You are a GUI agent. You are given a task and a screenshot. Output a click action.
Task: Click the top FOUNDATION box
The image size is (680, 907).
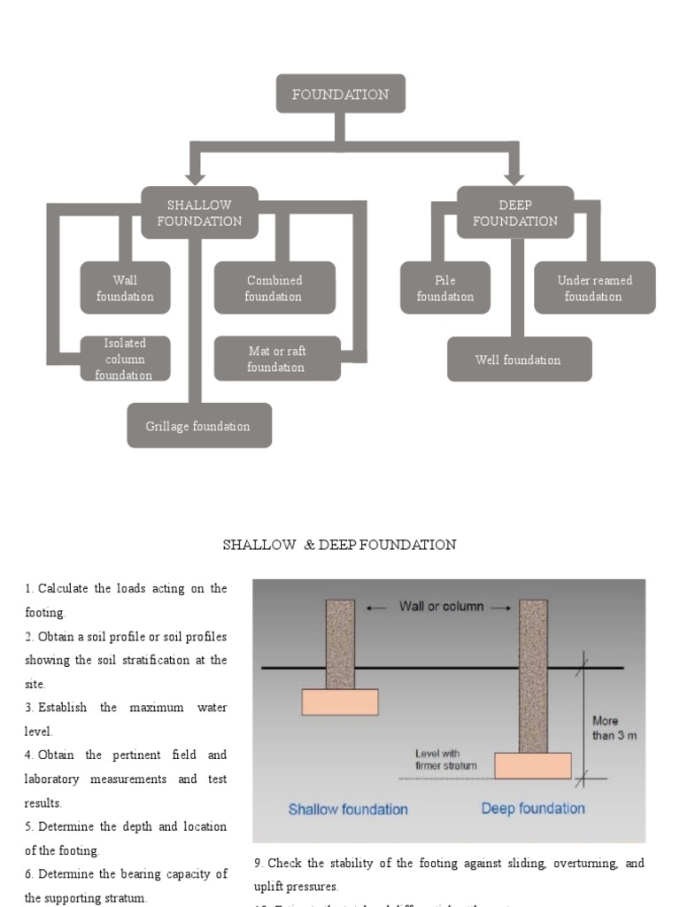340,94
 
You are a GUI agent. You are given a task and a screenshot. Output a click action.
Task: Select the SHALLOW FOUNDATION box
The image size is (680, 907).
199,213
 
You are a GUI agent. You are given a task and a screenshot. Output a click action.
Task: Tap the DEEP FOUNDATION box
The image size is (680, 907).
514,213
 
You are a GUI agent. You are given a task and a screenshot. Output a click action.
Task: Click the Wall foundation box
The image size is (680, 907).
125,288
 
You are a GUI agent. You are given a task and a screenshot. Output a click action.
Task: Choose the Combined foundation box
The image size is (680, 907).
274,288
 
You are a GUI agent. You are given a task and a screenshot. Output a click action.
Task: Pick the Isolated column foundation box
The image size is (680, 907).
125,359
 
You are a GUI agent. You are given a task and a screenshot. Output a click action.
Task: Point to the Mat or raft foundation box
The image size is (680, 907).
276,359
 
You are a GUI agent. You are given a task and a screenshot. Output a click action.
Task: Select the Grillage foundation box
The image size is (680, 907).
198,426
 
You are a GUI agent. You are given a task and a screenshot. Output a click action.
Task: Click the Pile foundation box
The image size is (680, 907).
444,288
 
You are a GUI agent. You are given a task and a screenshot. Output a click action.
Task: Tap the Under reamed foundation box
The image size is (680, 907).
594,288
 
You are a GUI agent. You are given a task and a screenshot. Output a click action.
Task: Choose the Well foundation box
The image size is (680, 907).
518,360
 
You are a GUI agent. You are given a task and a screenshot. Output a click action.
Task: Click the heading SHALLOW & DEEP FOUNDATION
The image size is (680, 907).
339,545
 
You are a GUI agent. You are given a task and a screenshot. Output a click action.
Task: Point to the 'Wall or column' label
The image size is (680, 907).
440,607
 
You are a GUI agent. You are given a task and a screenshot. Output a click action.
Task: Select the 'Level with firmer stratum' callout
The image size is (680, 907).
445,759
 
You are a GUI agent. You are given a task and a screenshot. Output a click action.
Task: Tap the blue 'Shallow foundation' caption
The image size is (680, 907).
348,809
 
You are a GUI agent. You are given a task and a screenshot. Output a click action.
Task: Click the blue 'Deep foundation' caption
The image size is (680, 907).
533,808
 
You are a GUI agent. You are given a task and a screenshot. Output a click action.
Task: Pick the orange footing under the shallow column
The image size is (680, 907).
340,702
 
